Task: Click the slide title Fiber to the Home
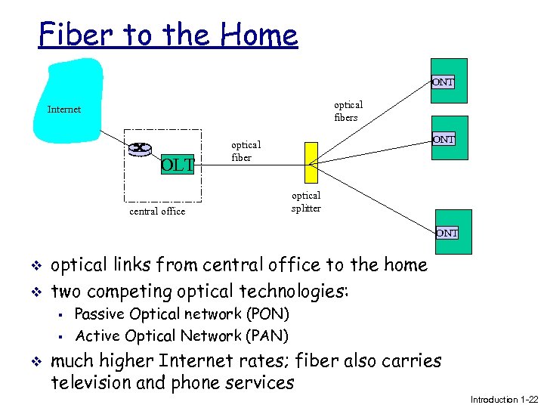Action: click(168, 35)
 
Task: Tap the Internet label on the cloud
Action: click(64, 110)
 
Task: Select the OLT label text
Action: click(178, 164)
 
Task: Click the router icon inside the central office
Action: click(140, 148)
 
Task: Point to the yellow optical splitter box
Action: click(311, 162)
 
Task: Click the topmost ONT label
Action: click(443, 82)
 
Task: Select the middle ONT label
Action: click(443, 139)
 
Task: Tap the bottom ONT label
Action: click(446, 233)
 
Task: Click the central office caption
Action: click(157, 212)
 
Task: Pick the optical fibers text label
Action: click(348, 111)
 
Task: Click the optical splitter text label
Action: click(306, 202)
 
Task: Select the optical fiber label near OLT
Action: click(246, 151)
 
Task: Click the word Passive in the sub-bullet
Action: click(100, 314)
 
